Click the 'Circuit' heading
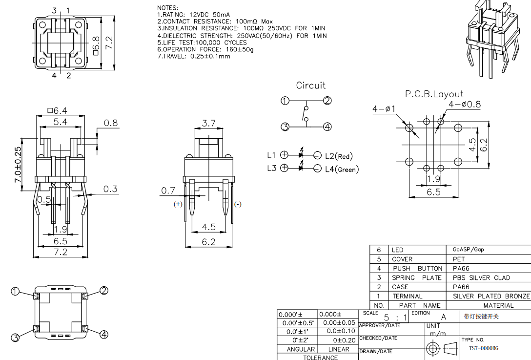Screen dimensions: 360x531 coord(310,85)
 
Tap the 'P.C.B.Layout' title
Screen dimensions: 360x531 coord(434,94)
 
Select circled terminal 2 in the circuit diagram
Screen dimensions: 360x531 coord(327,101)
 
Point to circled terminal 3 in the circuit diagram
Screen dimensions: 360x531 coord(285,127)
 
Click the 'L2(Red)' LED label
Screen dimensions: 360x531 coord(339,156)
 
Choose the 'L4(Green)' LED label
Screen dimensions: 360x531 coord(342,169)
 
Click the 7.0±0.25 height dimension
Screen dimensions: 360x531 coord(18,165)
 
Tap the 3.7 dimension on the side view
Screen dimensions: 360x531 coord(208,124)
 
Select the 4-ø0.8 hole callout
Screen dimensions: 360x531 coord(464,104)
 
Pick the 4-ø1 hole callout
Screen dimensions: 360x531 coord(384,109)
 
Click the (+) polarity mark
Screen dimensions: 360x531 coord(178,204)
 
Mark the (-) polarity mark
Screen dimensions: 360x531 coord(238,204)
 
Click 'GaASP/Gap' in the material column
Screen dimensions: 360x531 coord(468,250)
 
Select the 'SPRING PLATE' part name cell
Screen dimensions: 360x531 coord(417,277)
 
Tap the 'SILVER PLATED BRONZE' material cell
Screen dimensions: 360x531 coord(491,296)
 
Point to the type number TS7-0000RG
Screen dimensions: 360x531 coord(484,348)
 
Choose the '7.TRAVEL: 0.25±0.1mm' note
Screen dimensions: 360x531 coord(194,56)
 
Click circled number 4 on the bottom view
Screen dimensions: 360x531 coord(103,335)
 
